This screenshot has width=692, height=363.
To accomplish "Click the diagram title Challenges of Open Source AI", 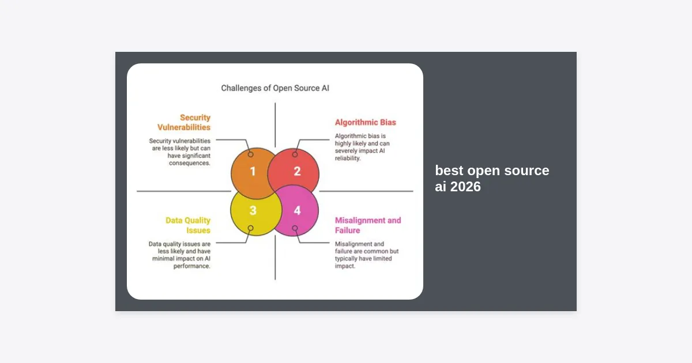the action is (x=275, y=88).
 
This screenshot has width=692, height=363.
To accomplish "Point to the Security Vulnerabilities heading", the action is (x=184, y=122).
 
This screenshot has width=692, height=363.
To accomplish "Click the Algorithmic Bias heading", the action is (x=366, y=122).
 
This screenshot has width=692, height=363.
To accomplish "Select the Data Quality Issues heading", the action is (x=188, y=225).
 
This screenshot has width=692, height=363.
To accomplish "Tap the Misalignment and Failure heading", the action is (x=368, y=225).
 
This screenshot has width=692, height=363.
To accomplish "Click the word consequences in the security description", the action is (x=189, y=163).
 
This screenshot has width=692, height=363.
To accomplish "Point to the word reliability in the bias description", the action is (x=348, y=158).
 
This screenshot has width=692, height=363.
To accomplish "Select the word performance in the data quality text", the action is (x=191, y=266).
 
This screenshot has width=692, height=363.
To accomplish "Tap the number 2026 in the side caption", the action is (x=465, y=187).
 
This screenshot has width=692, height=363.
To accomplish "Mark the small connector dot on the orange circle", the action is (x=250, y=154).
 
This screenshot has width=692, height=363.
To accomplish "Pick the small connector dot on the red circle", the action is (x=295, y=154).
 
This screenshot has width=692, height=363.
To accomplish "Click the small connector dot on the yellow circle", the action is (x=250, y=228).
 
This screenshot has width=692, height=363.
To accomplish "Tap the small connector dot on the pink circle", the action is (x=295, y=228).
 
